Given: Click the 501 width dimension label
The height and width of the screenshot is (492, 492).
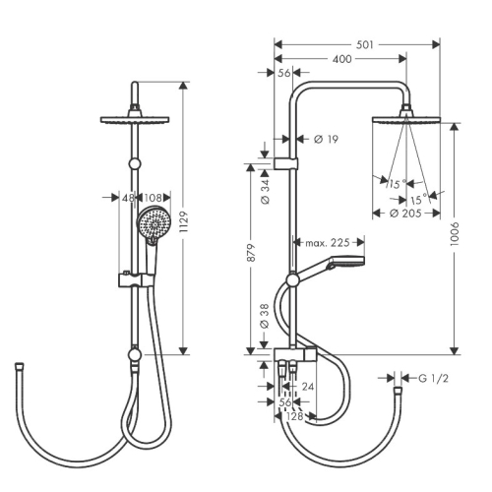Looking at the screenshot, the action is [365, 44].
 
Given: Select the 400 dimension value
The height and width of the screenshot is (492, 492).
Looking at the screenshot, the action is [341, 59].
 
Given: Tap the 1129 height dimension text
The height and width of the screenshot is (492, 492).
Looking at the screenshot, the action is [184, 222].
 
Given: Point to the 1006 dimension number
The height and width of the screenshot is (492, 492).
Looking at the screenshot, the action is [455, 234].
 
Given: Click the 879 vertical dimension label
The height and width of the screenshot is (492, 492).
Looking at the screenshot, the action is [251, 252].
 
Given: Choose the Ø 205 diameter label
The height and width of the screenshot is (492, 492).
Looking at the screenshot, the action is [405, 214].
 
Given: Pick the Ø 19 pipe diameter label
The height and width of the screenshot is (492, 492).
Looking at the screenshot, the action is [326, 139].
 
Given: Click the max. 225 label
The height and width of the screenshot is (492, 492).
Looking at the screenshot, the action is [328, 243].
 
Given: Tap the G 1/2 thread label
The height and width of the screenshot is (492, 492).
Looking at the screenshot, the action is [433, 379].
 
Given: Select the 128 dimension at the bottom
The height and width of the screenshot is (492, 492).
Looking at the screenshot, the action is [294, 416].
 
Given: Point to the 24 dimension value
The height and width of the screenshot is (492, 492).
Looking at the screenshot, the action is [308, 387].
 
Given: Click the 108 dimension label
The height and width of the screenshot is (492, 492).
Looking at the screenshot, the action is [153, 198].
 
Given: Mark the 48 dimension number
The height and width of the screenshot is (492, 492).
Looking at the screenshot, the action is [128, 198].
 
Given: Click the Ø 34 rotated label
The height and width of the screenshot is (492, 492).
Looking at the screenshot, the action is [265, 192].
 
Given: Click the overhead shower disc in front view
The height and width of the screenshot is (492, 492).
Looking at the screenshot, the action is [135, 119].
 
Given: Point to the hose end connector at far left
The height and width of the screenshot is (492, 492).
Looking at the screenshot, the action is [20, 365].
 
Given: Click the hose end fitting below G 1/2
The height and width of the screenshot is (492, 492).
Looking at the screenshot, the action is [398, 391].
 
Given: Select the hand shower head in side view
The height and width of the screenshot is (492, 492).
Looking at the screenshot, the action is [347, 262].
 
